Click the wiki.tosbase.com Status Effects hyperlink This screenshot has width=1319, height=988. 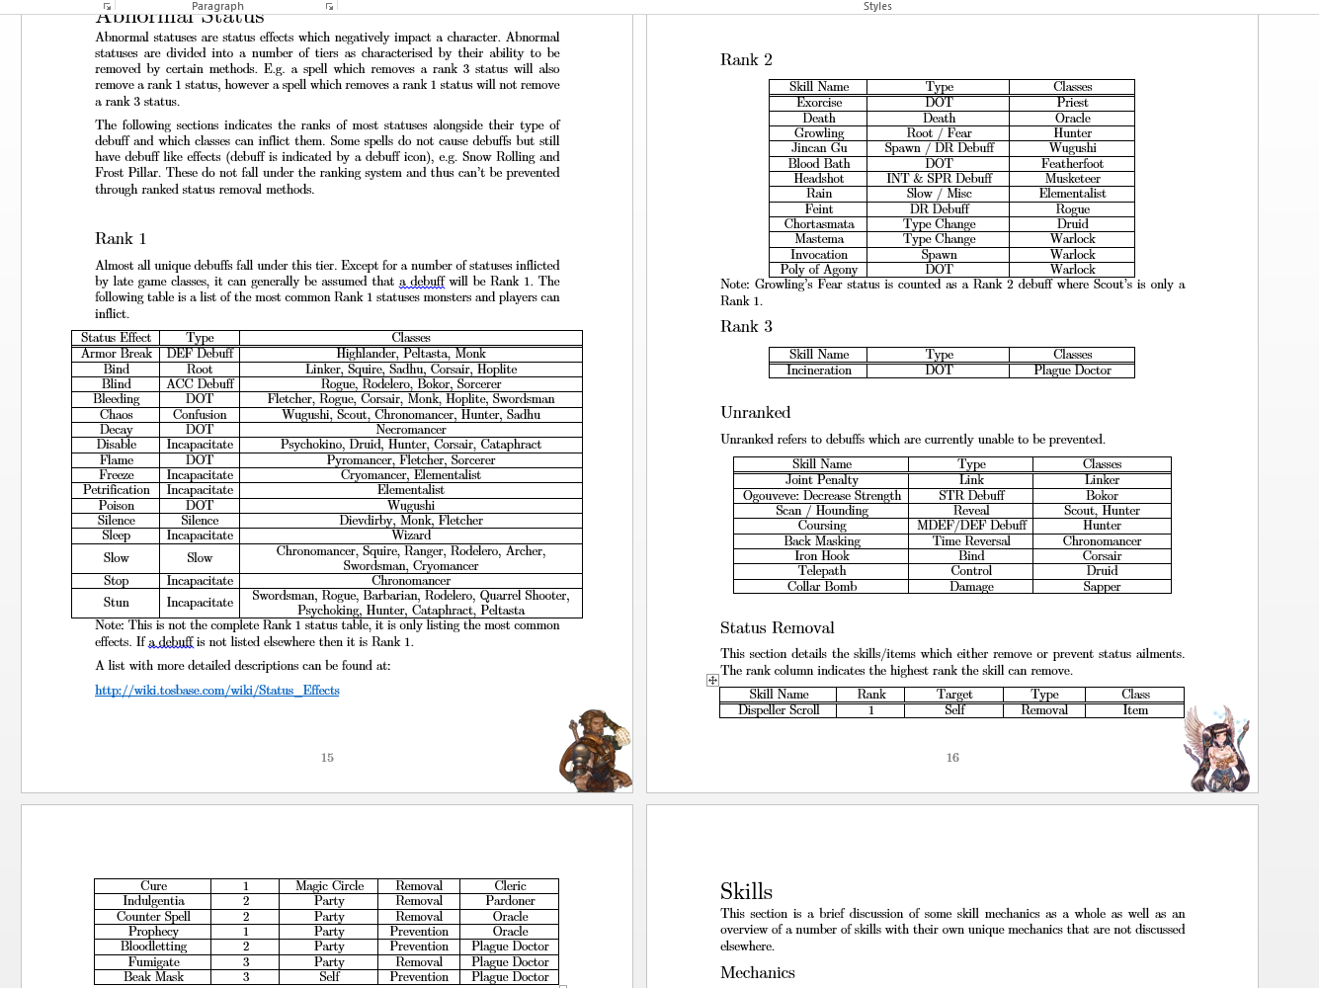coord(217,691)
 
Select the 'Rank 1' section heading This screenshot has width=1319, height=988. coord(121,239)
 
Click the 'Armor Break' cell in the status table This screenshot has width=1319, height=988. coord(117,354)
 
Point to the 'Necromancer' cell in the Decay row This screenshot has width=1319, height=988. coord(411,430)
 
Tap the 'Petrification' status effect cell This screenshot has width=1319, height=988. coord(117,490)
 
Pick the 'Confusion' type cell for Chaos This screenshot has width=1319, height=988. coord(200,415)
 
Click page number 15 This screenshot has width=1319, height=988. coord(327,758)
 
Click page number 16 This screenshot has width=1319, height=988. coord(952,758)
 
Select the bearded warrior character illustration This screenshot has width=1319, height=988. coord(596,750)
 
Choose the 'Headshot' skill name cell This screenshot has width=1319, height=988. coord(819,179)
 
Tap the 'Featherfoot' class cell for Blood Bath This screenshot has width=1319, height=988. coord(1072,164)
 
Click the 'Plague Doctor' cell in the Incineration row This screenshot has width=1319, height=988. coord(1072,370)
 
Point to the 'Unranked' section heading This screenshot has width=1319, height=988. coord(756,413)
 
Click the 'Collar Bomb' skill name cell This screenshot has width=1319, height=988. coord(822,587)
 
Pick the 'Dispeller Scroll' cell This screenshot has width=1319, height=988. coord(779,710)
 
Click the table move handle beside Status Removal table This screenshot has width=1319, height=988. coord(712,680)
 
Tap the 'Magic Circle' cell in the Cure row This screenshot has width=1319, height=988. coord(329,886)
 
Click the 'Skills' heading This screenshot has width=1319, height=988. coord(747,892)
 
